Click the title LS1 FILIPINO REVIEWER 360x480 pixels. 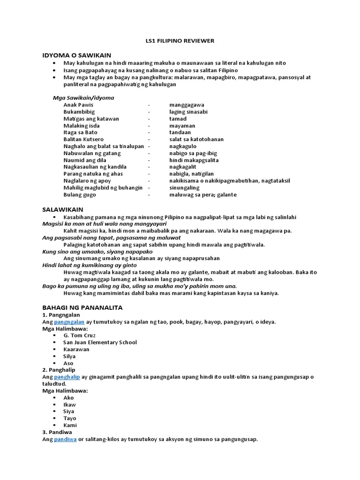pyautogui.click(x=180, y=41)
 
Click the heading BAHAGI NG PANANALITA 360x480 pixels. pyautogui.click(x=82, y=307)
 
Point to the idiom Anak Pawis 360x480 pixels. pyautogui.click(x=78, y=105)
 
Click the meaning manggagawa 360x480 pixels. pyautogui.click(x=187, y=105)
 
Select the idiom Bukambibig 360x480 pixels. pyautogui.click(x=79, y=112)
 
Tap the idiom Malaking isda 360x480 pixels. pyautogui.click(x=82, y=126)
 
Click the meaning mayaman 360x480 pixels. pyautogui.click(x=182, y=126)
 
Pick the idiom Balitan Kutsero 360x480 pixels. pyautogui.click(x=83, y=139)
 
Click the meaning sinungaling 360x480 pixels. pyautogui.click(x=185, y=187)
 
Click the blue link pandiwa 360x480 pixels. pyautogui.click(x=65, y=439)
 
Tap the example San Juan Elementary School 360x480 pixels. pyautogui.click(x=100, y=342)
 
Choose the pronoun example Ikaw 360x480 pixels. pyautogui.click(x=69, y=405)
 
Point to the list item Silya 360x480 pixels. pyautogui.click(x=69, y=356)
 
